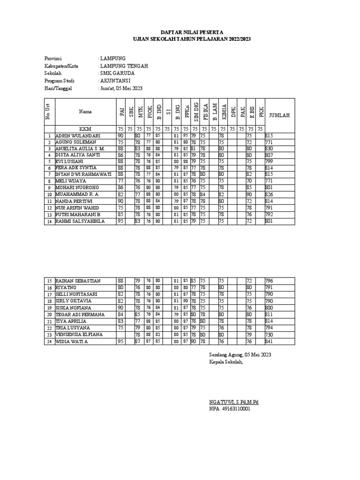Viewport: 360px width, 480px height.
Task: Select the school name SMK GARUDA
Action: (117, 73)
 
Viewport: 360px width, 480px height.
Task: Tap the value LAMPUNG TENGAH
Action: (124, 66)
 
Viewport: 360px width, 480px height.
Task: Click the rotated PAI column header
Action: (121, 112)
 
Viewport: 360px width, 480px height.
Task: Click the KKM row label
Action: (85, 129)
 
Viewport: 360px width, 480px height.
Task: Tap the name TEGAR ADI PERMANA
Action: (78, 314)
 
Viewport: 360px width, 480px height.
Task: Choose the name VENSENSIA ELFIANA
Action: (78, 335)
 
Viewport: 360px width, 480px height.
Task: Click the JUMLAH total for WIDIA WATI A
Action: (269, 341)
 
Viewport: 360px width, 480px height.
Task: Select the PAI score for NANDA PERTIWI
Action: (120, 201)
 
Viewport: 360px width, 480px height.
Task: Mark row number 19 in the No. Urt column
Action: (48, 307)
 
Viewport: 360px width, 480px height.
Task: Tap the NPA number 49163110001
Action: (230, 409)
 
